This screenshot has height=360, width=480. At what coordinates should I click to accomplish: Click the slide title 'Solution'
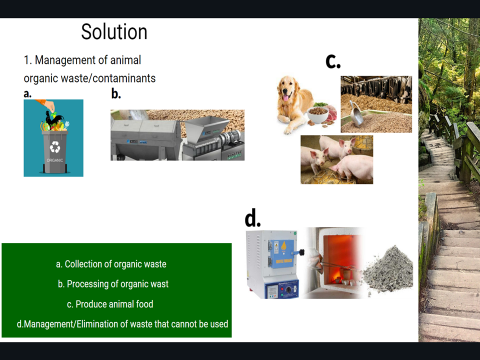114,32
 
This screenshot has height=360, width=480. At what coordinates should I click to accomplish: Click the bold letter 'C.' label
334,61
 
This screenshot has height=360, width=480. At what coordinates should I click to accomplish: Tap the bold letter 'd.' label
253,217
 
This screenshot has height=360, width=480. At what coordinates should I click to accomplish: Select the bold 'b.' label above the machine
115,94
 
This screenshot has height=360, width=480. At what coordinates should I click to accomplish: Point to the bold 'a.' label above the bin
28,94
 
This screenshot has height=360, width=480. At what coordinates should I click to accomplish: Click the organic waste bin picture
53,138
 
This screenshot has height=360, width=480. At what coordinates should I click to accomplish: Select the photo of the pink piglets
336,159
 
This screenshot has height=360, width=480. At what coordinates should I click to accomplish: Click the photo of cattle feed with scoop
376,104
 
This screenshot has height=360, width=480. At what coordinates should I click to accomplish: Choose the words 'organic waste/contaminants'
90,77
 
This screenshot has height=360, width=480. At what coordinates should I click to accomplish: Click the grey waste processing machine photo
176,135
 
